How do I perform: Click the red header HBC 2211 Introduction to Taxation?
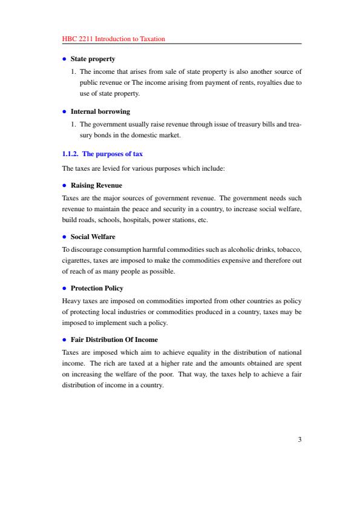(114, 39)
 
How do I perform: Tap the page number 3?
(299, 457)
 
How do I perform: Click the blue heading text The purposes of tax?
(113, 154)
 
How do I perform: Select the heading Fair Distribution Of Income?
(114, 340)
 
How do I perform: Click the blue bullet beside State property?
(64, 59)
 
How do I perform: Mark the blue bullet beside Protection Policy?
(64, 288)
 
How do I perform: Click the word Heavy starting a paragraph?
(71, 300)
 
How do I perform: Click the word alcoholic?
(229, 249)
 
